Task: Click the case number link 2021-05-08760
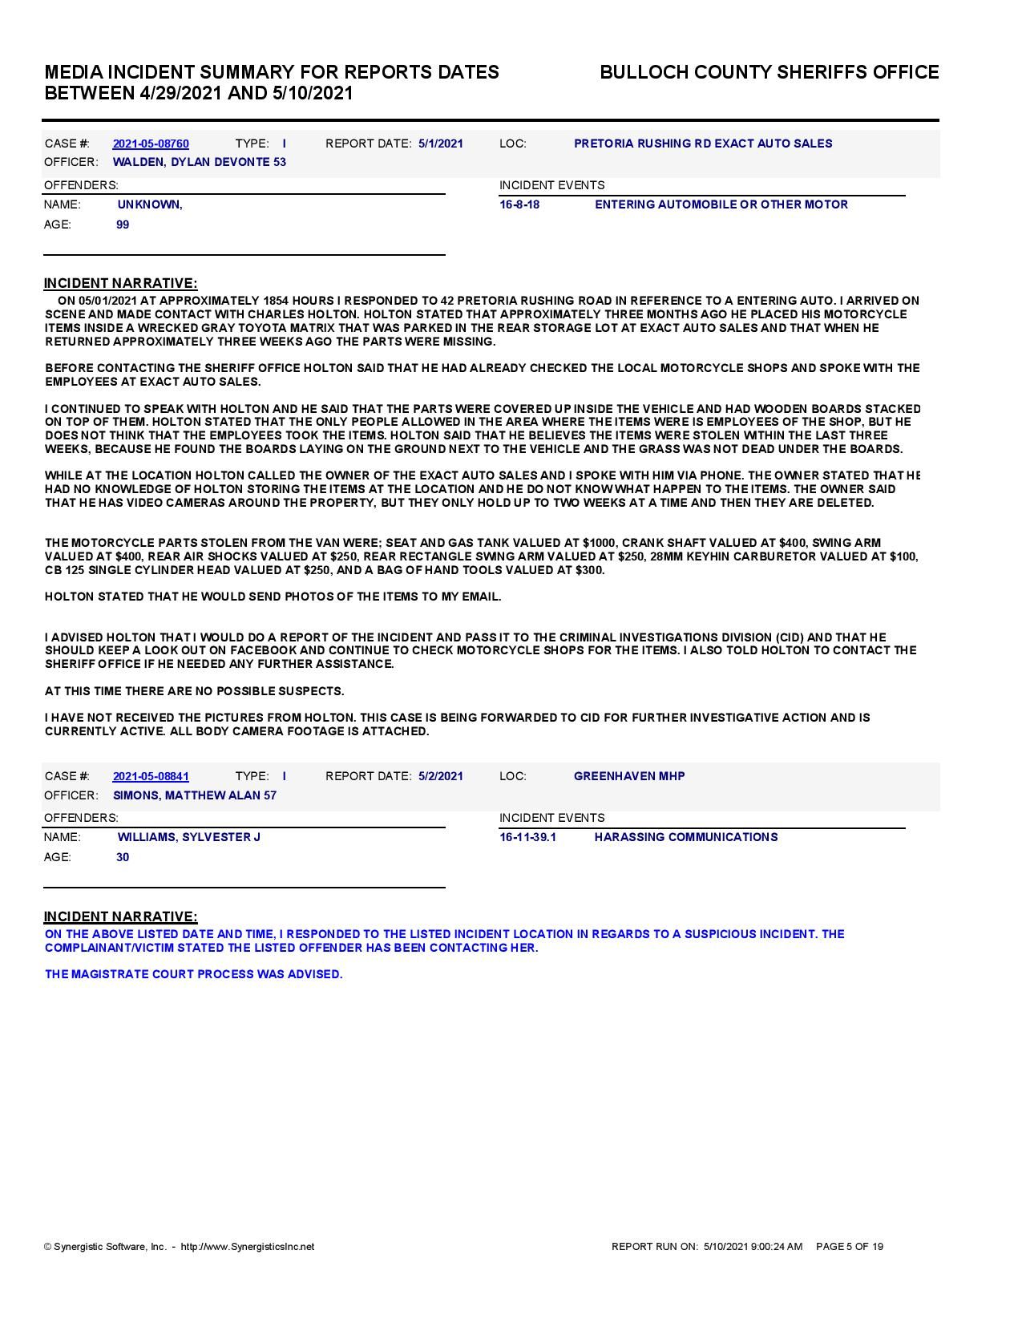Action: point(151,144)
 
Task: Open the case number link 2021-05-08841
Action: point(151,776)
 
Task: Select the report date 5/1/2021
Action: point(440,144)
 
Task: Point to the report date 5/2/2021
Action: point(440,776)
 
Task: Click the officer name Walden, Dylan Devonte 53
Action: point(200,162)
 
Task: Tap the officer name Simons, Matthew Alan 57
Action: point(195,795)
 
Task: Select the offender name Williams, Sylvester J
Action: point(189,837)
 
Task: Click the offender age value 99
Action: point(123,225)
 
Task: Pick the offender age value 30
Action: point(123,857)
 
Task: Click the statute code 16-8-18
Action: point(519,204)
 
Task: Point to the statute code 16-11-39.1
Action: point(527,837)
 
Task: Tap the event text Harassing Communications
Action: point(686,837)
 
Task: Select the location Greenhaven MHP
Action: point(629,776)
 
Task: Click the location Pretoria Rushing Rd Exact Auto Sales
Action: point(703,144)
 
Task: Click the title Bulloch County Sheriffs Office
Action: point(769,72)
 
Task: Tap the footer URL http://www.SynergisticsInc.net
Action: point(248,1247)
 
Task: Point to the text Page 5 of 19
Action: point(850,1247)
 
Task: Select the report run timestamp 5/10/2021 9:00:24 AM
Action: point(753,1247)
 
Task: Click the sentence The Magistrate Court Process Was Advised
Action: point(194,974)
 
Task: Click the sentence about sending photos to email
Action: point(273,597)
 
